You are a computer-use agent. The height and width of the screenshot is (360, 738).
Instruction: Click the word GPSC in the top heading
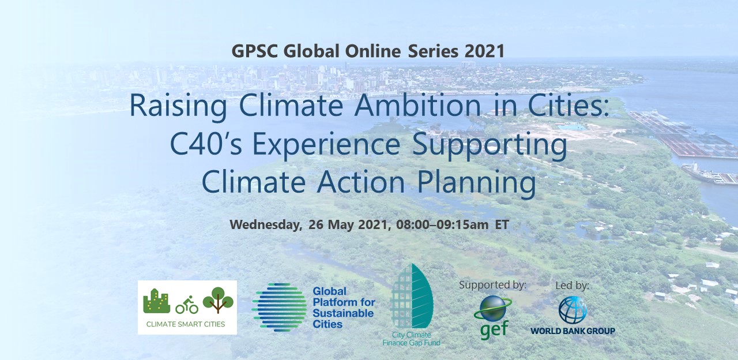[255, 51]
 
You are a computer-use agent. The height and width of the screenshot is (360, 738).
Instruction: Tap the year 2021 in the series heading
[485, 51]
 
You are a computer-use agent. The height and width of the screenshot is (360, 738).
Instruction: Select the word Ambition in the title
[417, 106]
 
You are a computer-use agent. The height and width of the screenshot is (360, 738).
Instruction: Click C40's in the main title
[206, 144]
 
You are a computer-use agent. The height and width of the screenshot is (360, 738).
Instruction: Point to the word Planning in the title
[476, 183]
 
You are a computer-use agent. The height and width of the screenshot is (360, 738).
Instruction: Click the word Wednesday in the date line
[266, 225]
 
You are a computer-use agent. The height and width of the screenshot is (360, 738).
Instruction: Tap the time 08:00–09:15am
[442, 225]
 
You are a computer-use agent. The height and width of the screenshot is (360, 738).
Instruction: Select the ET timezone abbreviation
[502, 225]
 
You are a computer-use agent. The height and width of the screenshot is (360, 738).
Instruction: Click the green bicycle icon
[187, 305]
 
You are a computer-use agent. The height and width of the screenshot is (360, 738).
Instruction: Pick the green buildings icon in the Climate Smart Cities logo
[157, 301]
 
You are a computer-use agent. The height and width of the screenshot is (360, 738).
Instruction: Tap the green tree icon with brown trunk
[218, 300]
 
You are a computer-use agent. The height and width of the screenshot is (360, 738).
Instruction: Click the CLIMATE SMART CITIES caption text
[186, 324]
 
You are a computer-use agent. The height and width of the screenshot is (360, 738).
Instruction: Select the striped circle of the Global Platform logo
[280, 307]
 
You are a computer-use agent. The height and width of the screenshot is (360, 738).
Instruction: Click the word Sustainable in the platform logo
[343, 313]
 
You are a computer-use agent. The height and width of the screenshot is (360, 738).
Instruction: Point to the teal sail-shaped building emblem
[411, 296]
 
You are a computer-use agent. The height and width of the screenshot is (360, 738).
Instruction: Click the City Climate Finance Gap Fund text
[412, 339]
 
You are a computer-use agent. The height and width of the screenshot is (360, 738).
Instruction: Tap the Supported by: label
[492, 285]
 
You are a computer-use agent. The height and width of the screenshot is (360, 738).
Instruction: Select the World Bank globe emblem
[573, 310]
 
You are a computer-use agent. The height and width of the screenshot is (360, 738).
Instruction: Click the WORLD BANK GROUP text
[573, 331]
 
